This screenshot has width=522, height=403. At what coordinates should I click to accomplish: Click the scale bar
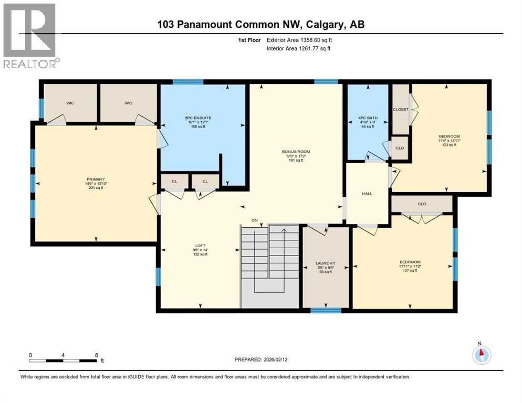[63, 360]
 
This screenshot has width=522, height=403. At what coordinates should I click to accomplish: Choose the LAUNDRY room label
[326, 263]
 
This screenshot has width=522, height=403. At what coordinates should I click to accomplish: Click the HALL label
[367, 194]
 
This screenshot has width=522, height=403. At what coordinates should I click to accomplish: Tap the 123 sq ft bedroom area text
[448, 145]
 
